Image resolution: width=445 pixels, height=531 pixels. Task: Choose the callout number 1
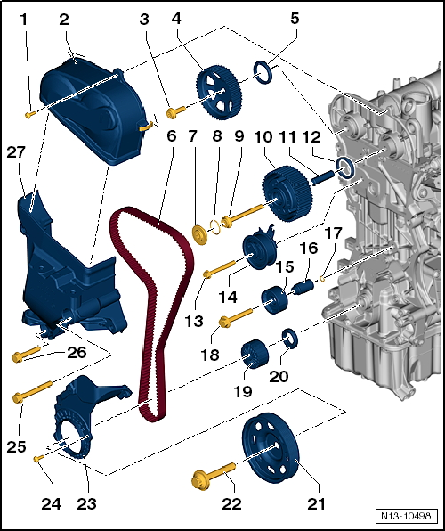pyautogui.click(x=24, y=19)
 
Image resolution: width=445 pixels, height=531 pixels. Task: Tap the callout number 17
pyautogui.click(x=331, y=233)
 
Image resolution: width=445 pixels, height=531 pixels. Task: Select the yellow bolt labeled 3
pyautogui.click(x=176, y=110)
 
